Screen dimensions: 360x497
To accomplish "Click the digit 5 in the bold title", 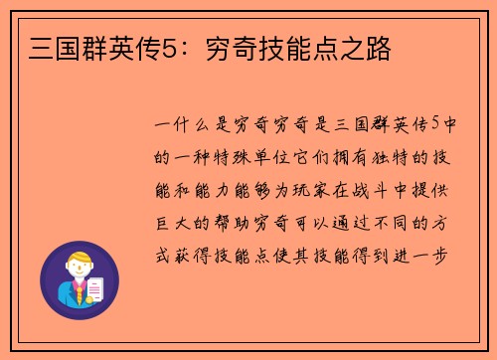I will [161, 46].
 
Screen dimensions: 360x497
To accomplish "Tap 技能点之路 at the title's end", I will [333, 46].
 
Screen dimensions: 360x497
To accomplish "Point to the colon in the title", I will [176, 47].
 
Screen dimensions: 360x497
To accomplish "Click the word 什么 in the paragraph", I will [190, 126].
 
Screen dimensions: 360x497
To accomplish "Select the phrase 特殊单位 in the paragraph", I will [248, 157].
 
